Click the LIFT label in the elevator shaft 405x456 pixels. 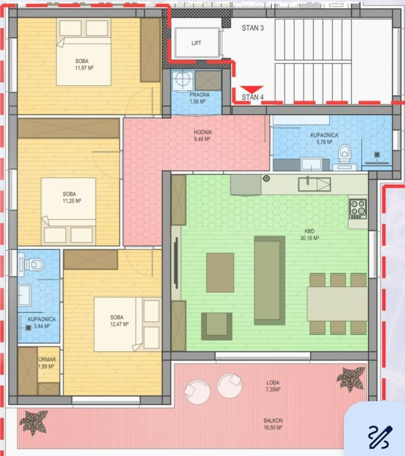coord(196,43)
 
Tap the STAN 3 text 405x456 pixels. coord(253,28)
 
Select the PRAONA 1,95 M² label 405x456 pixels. coord(199,98)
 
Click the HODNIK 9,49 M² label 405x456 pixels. coord(203,136)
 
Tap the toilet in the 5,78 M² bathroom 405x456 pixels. coord(345,154)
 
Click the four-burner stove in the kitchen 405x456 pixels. coord(358,209)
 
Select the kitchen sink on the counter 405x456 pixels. coord(314,184)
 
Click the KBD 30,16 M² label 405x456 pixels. coord(309,235)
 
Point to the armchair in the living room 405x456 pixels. coord(217,326)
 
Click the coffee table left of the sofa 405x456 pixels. coord(220,273)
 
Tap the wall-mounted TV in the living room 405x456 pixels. coord(176,262)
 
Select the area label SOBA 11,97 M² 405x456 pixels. coord(84,64)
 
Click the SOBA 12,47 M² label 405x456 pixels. coord(119,320)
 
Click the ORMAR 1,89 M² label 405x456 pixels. coord(47,363)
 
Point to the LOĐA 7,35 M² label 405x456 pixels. coord(273,386)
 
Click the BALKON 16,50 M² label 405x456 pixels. coord(273,424)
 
